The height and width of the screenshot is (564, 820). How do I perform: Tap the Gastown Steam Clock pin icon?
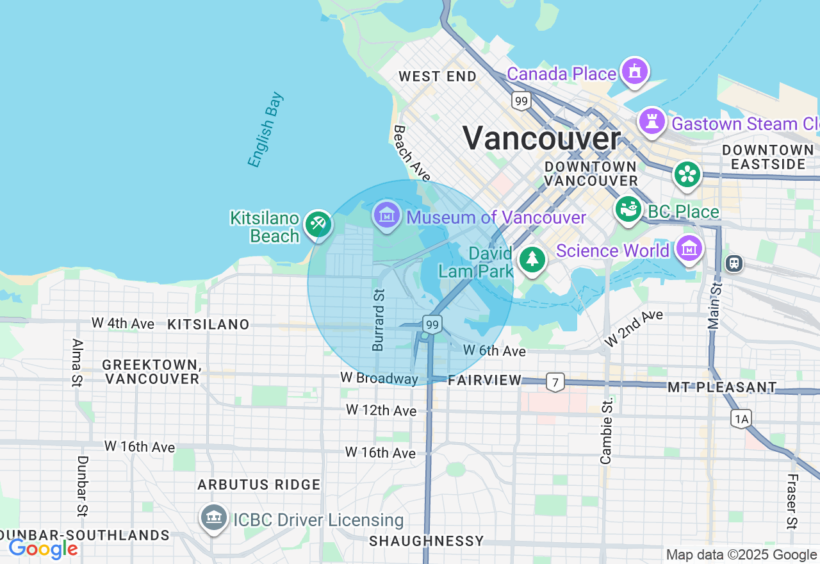[x=652, y=121]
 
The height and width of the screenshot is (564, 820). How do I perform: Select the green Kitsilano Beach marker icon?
[x=318, y=224]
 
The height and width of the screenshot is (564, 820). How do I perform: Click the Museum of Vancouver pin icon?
[x=387, y=215]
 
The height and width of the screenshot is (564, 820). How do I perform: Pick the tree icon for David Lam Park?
[x=532, y=259]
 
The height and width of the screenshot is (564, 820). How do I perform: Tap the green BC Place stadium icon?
[x=628, y=209]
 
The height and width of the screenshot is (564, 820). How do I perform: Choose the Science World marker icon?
[x=689, y=248]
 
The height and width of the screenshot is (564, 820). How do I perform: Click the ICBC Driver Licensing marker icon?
[x=213, y=517]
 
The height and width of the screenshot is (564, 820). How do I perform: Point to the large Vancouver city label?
[x=541, y=138]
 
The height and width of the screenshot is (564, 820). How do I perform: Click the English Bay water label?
[x=266, y=130]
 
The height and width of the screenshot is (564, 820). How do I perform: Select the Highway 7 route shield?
[x=555, y=383]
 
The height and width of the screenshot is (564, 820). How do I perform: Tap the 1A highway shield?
[x=741, y=419]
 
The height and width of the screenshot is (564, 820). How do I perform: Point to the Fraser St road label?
[x=792, y=501]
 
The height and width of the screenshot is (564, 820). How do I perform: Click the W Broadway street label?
[x=379, y=378]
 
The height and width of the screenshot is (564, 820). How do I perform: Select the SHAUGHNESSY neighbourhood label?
[x=427, y=540]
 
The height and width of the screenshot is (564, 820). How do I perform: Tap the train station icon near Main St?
[x=734, y=263]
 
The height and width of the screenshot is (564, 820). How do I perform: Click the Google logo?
[x=43, y=549]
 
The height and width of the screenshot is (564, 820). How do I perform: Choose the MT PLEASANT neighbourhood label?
[x=722, y=387]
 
